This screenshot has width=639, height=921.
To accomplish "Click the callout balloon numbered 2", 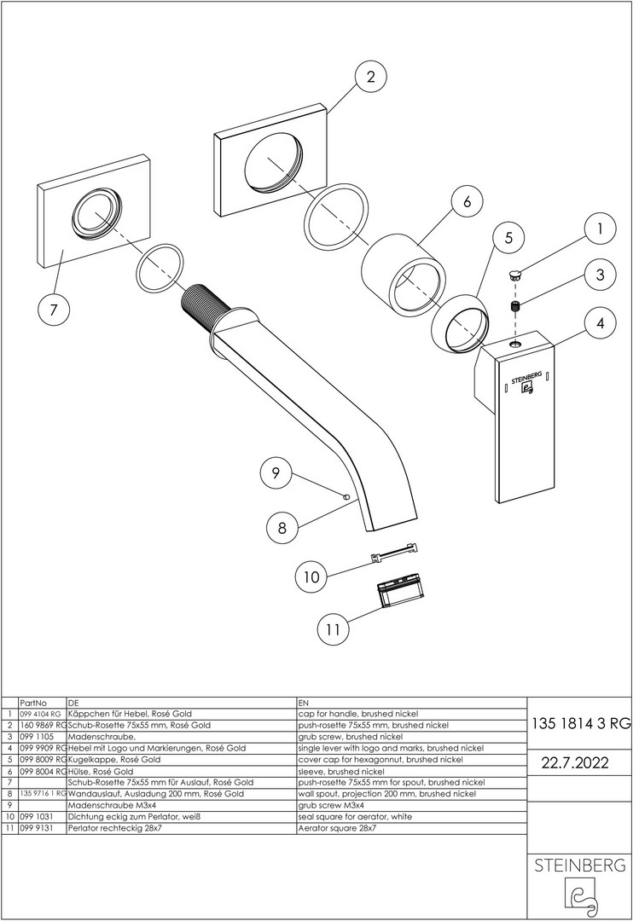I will coord(370,78).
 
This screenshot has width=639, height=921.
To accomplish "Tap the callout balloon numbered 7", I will coord(54,310).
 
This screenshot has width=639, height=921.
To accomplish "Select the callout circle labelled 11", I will coord(334,630).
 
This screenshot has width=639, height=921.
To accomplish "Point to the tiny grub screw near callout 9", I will coord(346,496).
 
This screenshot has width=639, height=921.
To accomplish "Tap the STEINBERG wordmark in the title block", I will coord(581,865).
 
